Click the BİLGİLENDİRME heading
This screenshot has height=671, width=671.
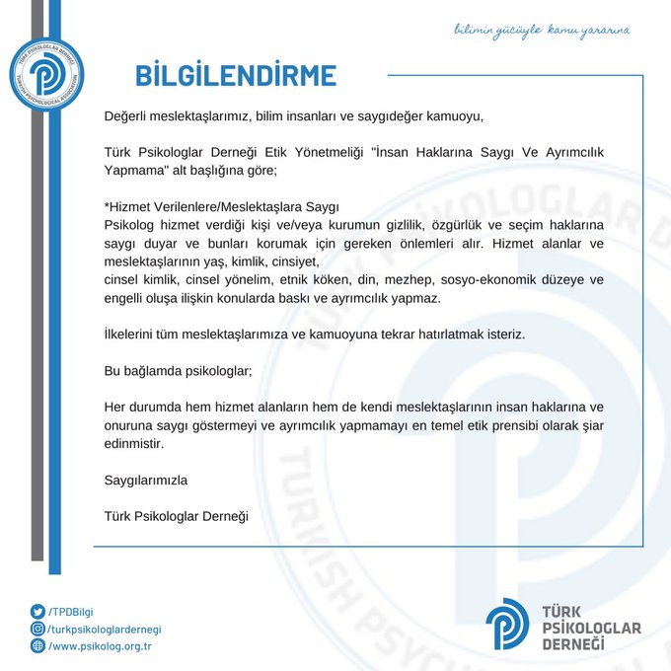pos(236,75)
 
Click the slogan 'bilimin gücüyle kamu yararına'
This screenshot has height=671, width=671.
pos(541,30)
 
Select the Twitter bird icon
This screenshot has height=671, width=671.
pos(38,612)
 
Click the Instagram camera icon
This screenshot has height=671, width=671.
pos(38,629)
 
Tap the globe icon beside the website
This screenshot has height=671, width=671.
pos(38,646)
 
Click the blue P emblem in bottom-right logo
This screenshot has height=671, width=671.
pos(507,624)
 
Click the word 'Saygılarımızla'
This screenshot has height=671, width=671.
pos(145,481)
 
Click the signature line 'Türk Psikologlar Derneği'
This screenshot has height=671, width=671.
pos(177,516)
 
